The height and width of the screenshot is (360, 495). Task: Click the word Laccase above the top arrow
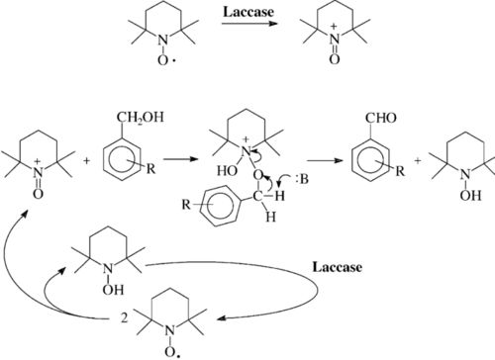tap(247, 16)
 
